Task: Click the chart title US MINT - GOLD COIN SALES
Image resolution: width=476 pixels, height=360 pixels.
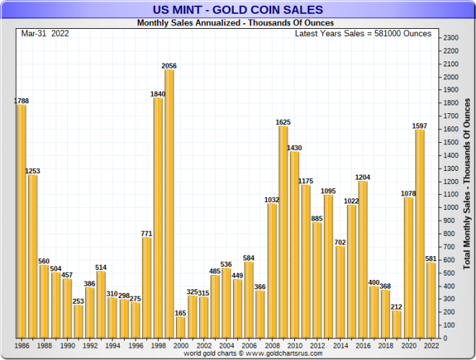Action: pyautogui.click(x=238, y=9)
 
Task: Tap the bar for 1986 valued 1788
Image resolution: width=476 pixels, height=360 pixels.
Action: pyautogui.click(x=21, y=221)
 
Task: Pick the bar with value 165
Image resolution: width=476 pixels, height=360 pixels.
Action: pyautogui.click(x=180, y=327)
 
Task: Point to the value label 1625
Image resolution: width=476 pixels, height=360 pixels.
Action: pyautogui.click(x=283, y=122)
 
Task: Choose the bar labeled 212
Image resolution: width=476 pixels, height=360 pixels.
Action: pyautogui.click(x=397, y=324)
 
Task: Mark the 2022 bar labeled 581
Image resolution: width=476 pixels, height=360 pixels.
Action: pyautogui.click(x=431, y=300)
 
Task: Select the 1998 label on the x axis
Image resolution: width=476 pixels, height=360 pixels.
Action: pyautogui.click(x=158, y=346)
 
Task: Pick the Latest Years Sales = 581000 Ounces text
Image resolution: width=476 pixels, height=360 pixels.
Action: pyautogui.click(x=363, y=33)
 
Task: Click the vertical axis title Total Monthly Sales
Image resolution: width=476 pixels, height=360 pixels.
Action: pyautogui.click(x=467, y=185)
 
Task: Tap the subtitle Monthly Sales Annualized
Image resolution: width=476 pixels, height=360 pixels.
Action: pyautogui.click(x=235, y=22)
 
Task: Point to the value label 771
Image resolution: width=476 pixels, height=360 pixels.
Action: pyautogui.click(x=146, y=233)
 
